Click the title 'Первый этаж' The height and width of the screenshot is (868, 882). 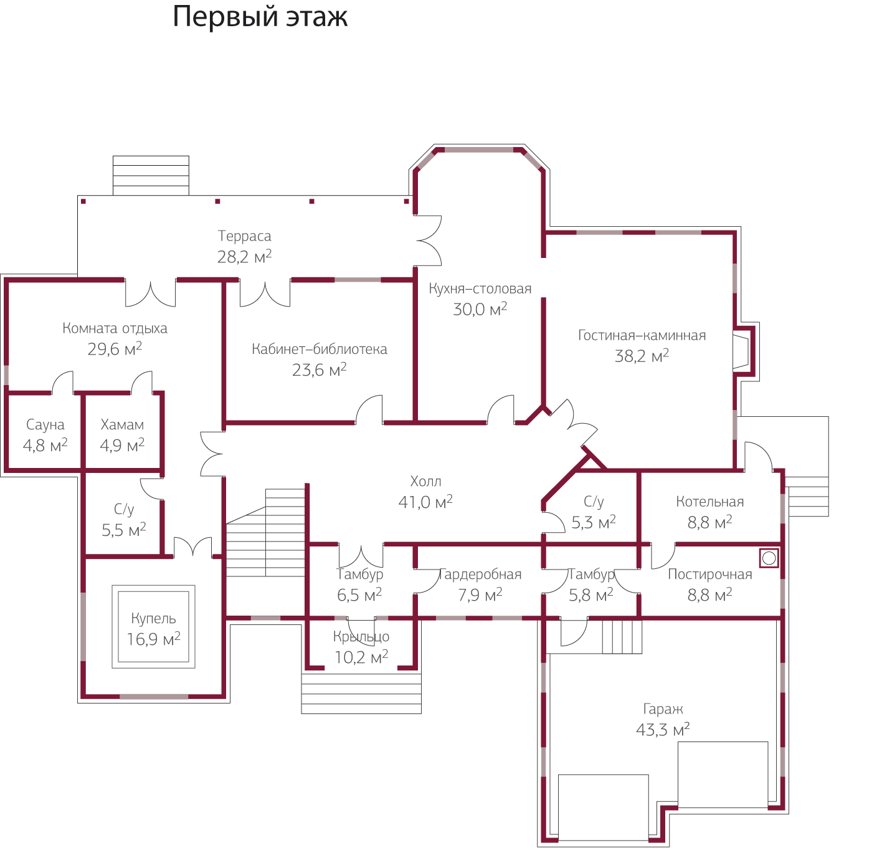260,17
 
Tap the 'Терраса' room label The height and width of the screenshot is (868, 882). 244,236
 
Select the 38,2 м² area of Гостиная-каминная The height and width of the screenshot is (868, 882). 642,356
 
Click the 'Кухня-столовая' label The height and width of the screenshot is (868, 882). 480,289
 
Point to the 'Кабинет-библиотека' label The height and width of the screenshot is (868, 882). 319,349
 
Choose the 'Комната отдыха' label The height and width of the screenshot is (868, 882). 115,328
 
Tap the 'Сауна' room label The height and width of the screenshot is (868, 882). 45,425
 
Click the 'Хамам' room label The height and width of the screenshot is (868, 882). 122,425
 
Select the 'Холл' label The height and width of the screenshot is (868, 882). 425,481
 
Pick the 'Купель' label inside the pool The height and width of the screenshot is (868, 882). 153,619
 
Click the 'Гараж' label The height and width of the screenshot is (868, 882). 663,709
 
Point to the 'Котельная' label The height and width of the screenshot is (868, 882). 709,502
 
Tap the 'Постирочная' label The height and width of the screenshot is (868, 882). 709,575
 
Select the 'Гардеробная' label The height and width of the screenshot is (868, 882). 480,575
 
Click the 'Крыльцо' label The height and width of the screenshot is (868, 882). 361,637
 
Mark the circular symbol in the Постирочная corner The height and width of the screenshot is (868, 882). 769,558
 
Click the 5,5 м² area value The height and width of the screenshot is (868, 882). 123,530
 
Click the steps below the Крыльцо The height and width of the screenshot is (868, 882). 361,693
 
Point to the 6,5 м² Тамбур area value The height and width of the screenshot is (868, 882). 359,596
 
